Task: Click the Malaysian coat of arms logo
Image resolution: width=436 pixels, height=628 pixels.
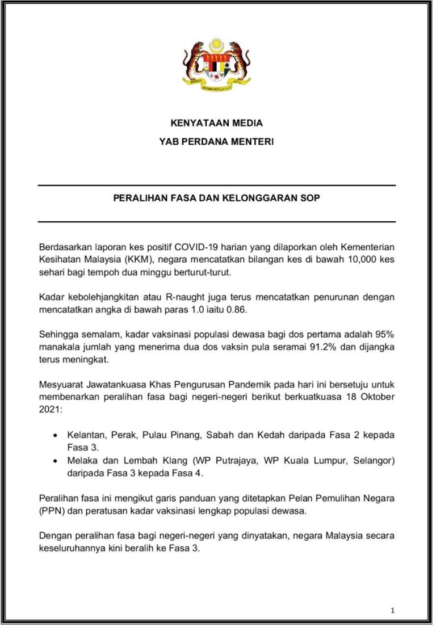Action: point(216,62)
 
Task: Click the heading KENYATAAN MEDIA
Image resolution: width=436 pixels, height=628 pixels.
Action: point(216,123)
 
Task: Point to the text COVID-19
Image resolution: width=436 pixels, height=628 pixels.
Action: point(200,247)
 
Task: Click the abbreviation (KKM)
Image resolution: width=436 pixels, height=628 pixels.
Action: point(140,260)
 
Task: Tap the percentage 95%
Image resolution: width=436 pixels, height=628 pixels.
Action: point(384,335)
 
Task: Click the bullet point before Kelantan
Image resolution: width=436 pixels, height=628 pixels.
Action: point(54,435)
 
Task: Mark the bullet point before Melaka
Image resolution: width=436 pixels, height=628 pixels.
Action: point(54,460)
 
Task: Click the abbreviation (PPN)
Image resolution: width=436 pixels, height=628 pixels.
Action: point(52,510)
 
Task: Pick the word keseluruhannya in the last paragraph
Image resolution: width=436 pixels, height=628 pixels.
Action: point(73,547)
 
